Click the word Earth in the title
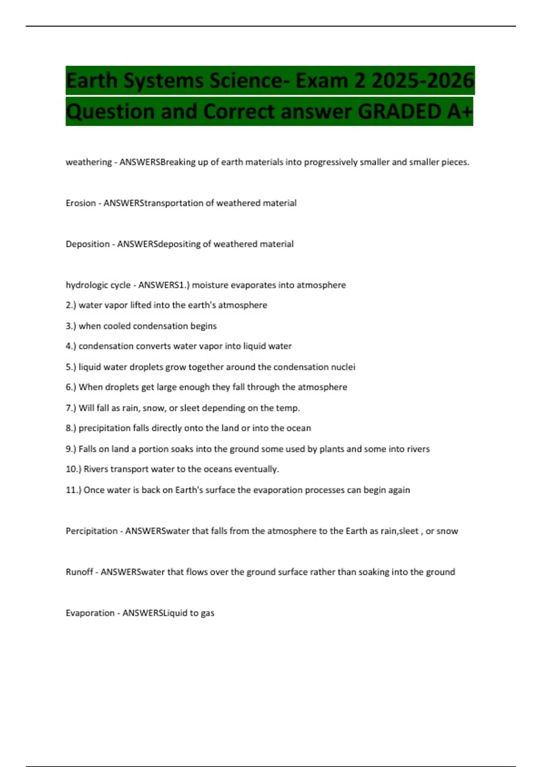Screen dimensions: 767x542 (92, 81)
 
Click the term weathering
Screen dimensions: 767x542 (89, 162)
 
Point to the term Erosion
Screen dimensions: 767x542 (81, 203)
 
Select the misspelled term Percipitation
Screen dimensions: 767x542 (92, 531)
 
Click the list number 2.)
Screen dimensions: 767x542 (71, 305)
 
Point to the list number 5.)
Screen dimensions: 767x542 (71, 367)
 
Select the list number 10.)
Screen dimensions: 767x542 (74, 469)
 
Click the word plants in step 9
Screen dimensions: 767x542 (332, 449)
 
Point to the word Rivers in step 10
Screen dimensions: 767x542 (96, 469)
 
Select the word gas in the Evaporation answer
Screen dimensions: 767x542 (208, 614)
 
